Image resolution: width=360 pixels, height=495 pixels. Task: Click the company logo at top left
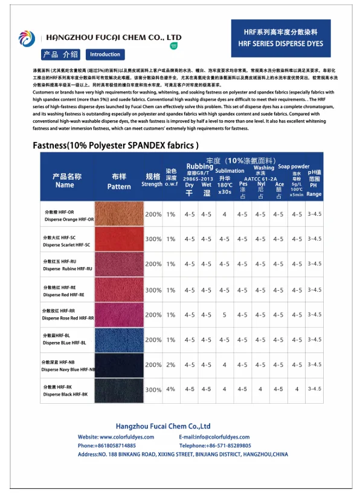pos(27,39)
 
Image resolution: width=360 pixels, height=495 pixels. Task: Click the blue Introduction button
pos(105,54)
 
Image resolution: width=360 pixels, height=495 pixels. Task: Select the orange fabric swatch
pos(119,214)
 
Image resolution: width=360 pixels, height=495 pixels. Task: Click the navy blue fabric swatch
pos(119,365)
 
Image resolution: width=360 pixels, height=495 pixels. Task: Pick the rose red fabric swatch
pos(119,315)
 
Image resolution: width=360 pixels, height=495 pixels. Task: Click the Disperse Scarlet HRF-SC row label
pos(66,241)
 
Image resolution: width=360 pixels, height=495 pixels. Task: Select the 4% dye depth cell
pos(171,390)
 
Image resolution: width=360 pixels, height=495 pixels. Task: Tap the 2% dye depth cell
pos(171,365)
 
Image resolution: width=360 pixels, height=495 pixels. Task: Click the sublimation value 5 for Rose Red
pos(224,315)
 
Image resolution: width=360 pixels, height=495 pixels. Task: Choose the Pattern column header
pos(119,182)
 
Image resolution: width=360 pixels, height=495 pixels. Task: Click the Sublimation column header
pos(229,171)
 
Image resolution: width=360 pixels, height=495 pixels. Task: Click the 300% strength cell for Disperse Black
pos(153,390)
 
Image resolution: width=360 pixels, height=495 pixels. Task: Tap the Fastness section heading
pos(115,146)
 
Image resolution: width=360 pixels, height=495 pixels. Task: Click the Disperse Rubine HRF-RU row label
pos(66,265)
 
